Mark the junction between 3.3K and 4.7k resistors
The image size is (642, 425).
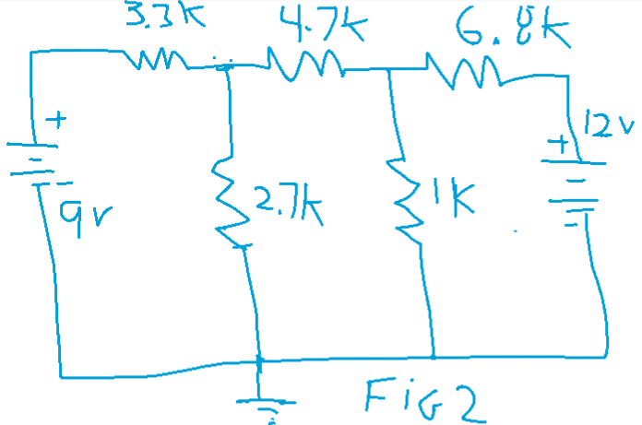pyautogui.click(x=226, y=66)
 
